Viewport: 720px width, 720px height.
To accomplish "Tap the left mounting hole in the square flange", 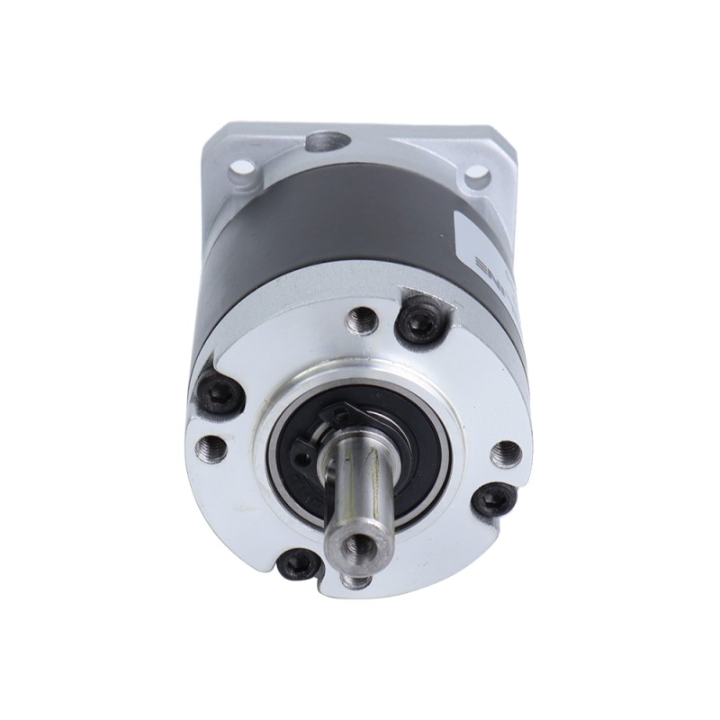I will [x=239, y=167].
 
